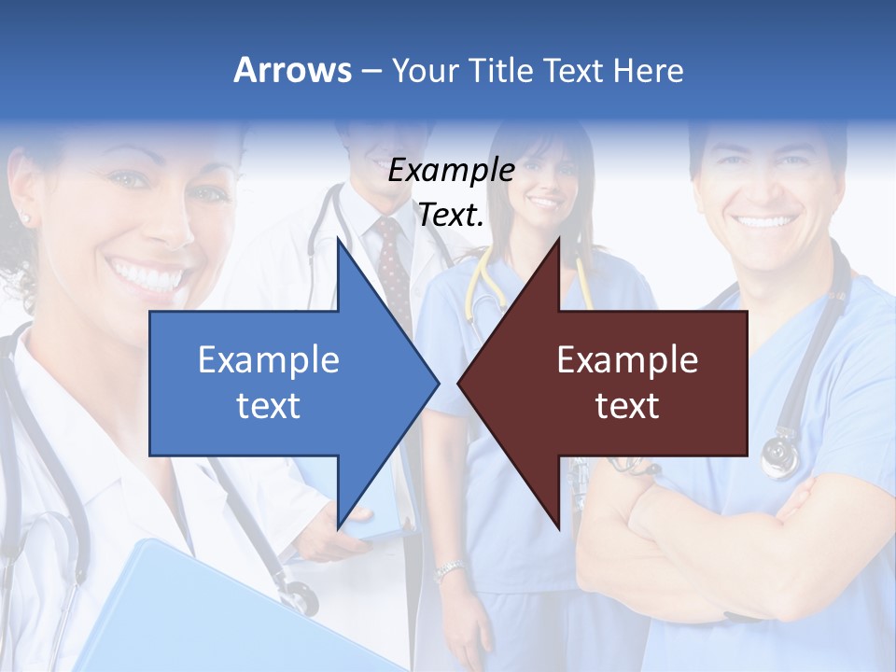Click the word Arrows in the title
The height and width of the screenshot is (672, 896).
(293, 70)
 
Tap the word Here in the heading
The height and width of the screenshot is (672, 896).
(648, 71)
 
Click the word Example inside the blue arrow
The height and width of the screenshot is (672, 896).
(269, 360)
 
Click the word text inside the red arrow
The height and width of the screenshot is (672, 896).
(627, 406)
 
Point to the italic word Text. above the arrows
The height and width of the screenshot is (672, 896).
(452, 216)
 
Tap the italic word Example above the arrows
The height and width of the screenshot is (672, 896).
(452, 171)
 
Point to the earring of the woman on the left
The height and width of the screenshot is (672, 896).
(25, 218)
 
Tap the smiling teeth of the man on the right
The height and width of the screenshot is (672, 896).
(765, 223)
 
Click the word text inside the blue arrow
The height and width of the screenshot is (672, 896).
(269, 406)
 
